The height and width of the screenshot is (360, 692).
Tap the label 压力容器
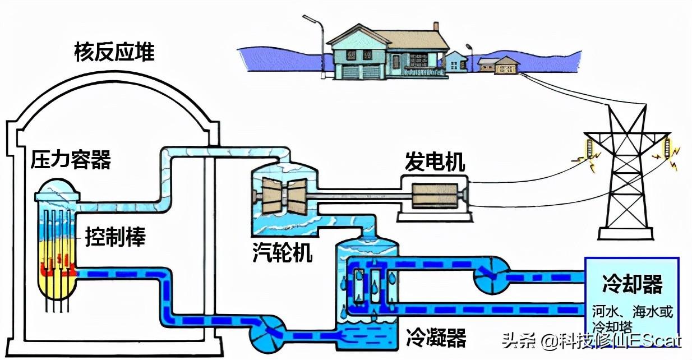tap(71, 159)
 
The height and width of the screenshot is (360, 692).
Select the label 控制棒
tap(115, 237)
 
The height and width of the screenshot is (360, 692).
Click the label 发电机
tap(435, 161)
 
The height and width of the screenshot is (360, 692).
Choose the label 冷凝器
tap(436, 337)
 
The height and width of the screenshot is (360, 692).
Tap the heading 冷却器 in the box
tap(633, 284)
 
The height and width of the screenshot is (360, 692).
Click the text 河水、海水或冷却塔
tap(633, 319)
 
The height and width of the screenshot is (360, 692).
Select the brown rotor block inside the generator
tap(435, 195)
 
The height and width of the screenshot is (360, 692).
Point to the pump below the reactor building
tap(267, 334)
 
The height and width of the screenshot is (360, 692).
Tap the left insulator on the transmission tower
tap(590, 149)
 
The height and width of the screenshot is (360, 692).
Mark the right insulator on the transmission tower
tap(667, 149)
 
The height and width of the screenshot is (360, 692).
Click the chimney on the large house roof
tap(436, 26)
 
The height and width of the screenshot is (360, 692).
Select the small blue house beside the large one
tap(456, 61)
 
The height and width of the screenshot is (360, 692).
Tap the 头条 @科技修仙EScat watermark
tap(591, 341)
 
